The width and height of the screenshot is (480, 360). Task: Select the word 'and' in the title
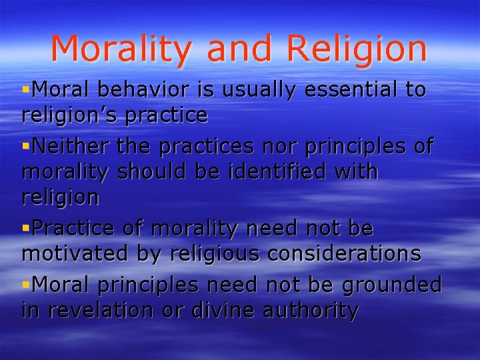[239, 49]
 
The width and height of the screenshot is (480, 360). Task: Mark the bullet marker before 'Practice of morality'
[26, 229]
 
